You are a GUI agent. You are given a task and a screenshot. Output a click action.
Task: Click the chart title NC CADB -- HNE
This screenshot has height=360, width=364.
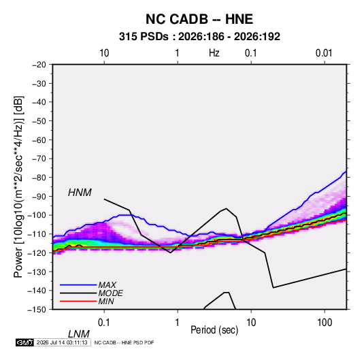(x=199, y=19)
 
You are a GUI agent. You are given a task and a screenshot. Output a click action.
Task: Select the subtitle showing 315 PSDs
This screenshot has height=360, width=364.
(x=199, y=37)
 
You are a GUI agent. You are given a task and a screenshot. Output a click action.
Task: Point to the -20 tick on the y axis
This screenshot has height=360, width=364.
(x=39, y=65)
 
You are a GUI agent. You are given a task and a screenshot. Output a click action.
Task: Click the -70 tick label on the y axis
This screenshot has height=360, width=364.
(x=39, y=159)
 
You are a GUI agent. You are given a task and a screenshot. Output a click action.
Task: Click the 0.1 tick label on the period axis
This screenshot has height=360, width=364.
(x=104, y=323)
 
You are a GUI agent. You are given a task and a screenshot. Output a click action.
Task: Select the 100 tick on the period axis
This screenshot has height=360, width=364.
(x=325, y=323)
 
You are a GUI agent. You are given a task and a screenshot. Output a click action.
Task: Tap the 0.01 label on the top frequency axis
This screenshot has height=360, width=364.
(x=324, y=53)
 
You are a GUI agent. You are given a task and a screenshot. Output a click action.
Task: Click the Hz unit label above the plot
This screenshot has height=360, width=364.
(x=214, y=53)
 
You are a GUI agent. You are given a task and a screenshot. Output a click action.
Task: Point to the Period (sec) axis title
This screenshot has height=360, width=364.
(x=214, y=330)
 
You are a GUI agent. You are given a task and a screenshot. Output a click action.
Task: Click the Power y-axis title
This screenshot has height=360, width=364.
(x=18, y=187)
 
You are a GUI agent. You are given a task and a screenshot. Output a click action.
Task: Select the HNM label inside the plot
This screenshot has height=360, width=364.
(x=80, y=193)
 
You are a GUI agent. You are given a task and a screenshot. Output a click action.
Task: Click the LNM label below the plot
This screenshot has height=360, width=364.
(x=79, y=334)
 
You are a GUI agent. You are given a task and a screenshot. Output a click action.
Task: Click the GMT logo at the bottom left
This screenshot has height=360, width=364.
(x=24, y=342)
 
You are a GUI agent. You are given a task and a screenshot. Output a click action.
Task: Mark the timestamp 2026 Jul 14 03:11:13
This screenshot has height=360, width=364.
(x=62, y=342)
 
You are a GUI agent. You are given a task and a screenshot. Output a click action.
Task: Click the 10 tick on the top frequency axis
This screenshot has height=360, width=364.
(x=104, y=53)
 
